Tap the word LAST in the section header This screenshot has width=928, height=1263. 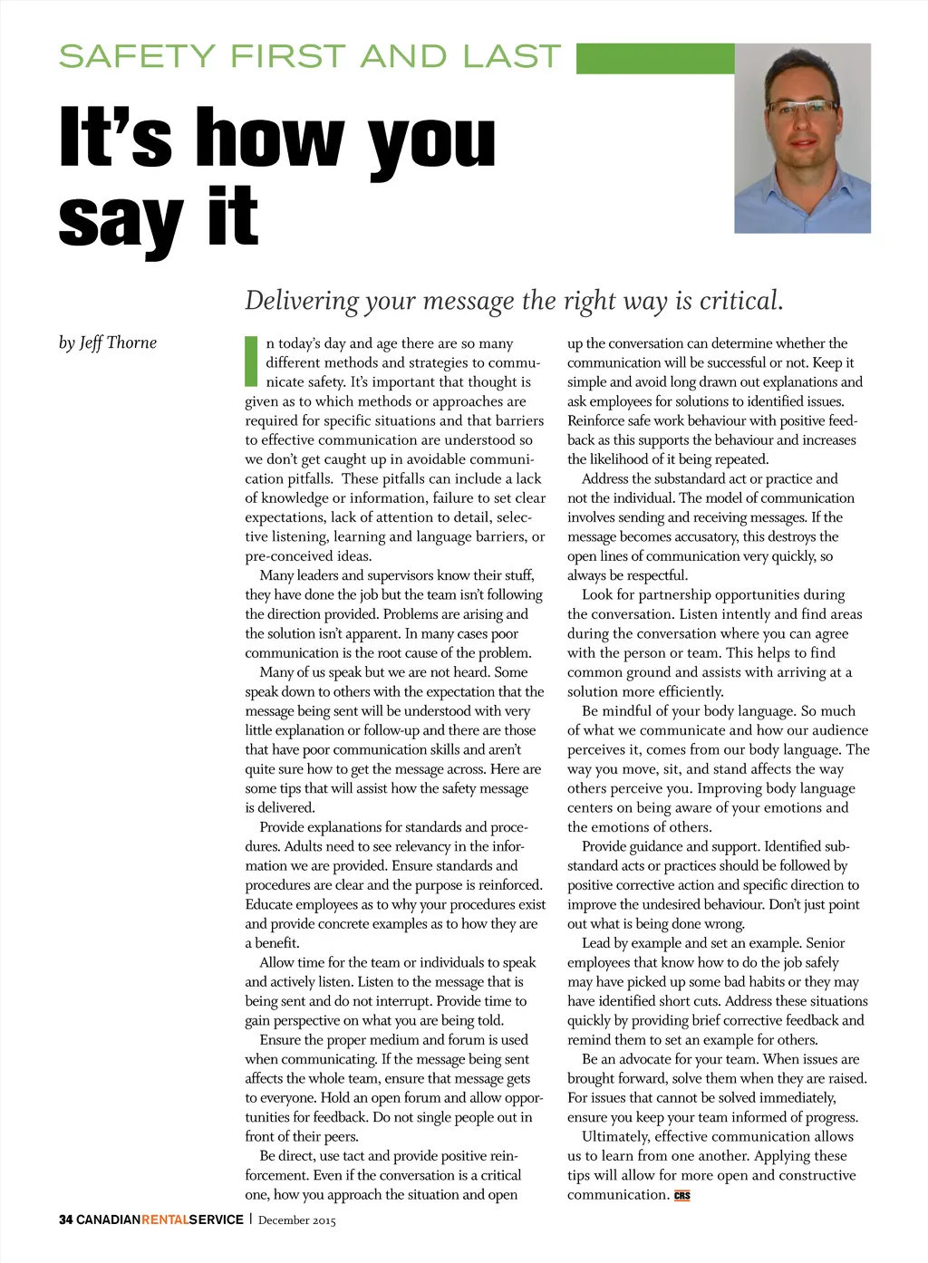point(512,56)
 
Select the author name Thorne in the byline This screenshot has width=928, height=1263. point(131,342)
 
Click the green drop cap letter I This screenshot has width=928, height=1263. point(252,361)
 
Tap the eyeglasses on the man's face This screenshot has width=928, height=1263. point(802,107)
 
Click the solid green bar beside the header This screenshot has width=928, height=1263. point(654,58)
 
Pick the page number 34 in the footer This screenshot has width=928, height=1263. point(65,1220)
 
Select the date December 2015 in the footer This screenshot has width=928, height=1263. point(296,1220)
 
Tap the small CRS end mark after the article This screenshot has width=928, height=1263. point(682,1195)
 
